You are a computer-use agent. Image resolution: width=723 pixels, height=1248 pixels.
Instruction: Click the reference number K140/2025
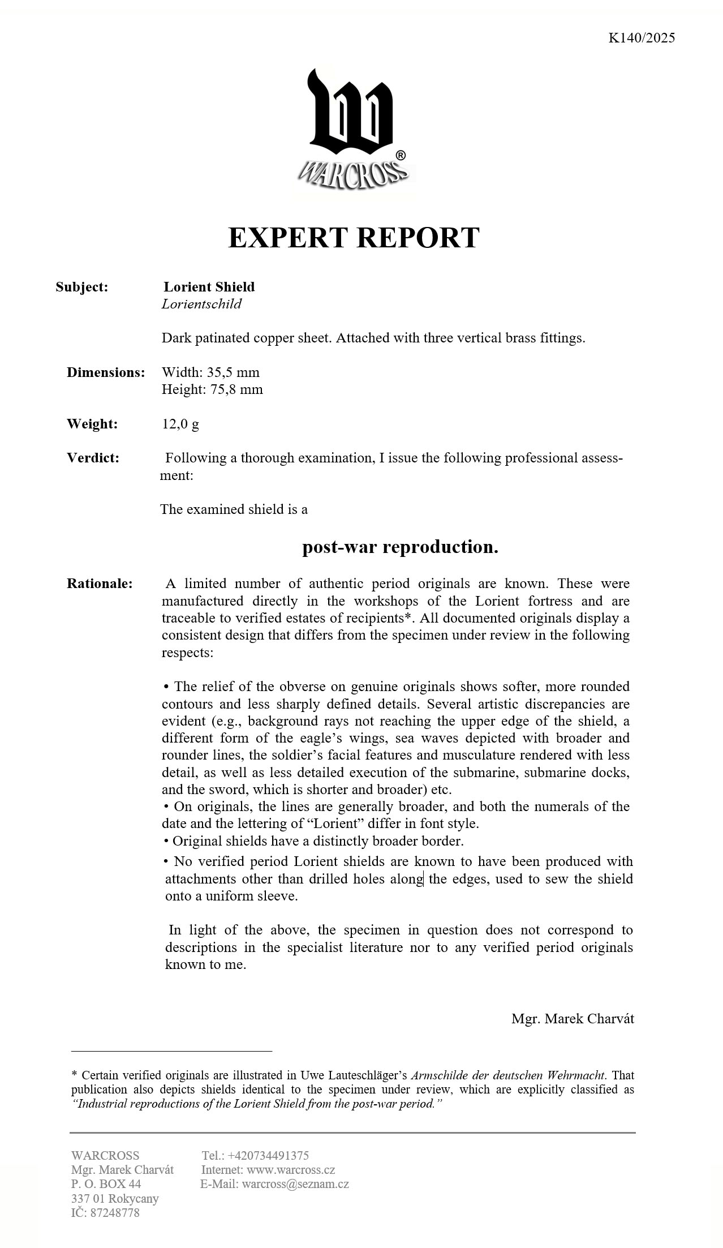(x=642, y=38)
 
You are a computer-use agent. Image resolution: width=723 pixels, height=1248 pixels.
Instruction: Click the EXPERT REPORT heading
(x=354, y=237)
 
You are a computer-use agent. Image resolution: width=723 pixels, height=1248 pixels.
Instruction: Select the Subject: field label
(x=81, y=287)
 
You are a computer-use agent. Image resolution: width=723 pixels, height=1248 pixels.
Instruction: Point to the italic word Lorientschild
(x=201, y=304)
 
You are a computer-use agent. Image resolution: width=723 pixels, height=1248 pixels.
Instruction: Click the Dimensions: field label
(x=106, y=372)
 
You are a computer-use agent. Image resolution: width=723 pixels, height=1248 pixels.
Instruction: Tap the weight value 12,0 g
(x=180, y=424)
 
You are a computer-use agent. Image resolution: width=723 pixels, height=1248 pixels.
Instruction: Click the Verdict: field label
(x=93, y=458)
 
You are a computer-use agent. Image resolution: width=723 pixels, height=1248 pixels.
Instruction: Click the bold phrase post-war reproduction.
(x=400, y=547)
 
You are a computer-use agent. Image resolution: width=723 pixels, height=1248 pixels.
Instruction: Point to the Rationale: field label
(x=100, y=584)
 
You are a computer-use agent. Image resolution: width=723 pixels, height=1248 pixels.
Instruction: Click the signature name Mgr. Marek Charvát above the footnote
(x=573, y=1019)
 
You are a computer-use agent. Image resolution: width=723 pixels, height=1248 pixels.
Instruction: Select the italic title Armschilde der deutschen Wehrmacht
(x=508, y=1075)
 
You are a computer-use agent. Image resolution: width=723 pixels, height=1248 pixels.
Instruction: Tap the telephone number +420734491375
(x=268, y=1155)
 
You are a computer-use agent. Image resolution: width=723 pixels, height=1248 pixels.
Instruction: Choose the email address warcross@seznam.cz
(x=295, y=1183)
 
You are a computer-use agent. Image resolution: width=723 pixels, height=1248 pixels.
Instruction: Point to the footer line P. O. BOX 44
(x=106, y=1183)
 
